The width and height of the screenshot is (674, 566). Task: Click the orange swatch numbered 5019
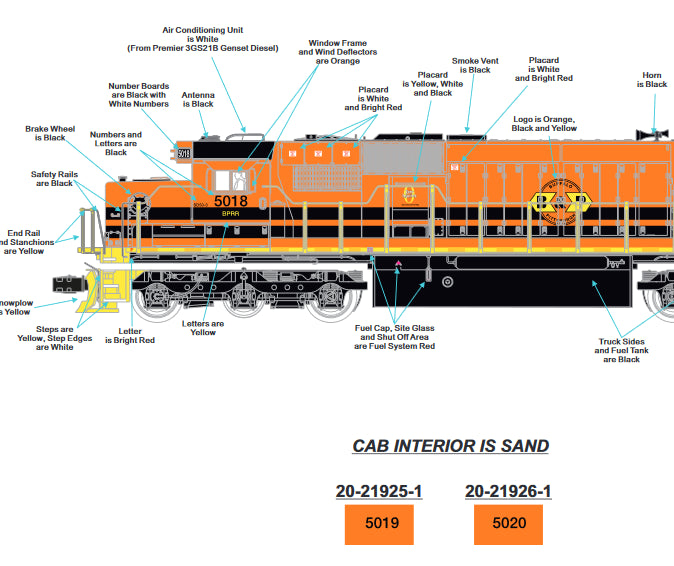point(379,524)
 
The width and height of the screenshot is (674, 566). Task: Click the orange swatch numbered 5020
point(507,524)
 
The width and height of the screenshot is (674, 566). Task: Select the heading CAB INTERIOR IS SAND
point(450,446)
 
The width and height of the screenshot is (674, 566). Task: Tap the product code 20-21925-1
point(379,491)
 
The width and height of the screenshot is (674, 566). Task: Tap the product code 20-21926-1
point(507,491)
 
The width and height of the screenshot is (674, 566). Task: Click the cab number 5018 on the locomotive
point(230,201)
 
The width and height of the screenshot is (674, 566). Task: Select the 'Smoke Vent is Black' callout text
point(471,65)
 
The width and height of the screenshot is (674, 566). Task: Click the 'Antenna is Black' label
point(198,99)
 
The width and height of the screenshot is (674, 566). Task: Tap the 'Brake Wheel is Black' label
point(50,133)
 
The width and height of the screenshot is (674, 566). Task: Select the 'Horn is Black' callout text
point(652,80)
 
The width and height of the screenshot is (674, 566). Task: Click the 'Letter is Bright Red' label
point(130,336)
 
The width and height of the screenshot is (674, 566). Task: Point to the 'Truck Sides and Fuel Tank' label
point(620,350)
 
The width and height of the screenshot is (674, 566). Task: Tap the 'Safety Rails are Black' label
point(52,178)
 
